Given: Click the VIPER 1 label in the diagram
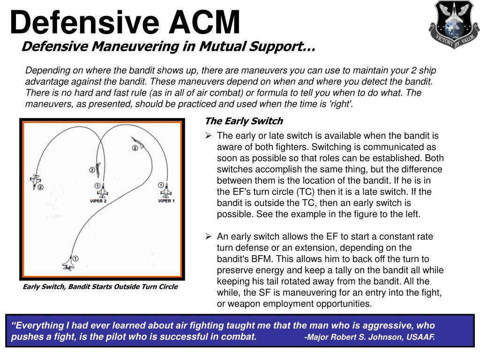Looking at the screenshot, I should pos(166,201).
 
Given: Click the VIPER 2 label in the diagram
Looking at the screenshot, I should pos(98,201).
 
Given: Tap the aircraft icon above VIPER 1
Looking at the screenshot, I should pos(166,191).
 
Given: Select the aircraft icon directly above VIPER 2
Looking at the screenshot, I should pos(102,191).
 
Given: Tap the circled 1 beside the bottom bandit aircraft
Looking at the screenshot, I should pos(75,258).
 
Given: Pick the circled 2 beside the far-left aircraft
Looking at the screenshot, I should pos(40,187).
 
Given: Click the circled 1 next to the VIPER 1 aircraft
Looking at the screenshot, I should pos(161,185).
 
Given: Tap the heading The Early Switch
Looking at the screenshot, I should pos(244,121).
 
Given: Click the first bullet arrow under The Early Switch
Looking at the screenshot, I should pos(209,136).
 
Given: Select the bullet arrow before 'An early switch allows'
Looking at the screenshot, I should pos(209,236).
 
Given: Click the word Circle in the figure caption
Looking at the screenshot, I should pos(167,286).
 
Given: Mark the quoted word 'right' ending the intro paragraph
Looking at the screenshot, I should pos(342,104).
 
